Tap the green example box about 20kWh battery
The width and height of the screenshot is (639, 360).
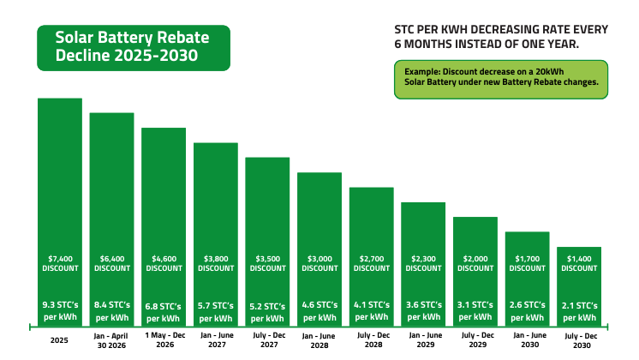click(x=500, y=79)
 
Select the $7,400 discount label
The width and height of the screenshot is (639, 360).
click(x=60, y=263)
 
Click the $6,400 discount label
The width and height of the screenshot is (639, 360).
click(x=111, y=263)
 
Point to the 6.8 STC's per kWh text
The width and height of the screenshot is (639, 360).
click(x=164, y=310)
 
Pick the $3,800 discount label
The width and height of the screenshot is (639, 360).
click(x=215, y=263)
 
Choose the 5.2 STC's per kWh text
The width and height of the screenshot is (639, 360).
click(x=267, y=310)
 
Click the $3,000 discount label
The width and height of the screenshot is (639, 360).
click(x=319, y=263)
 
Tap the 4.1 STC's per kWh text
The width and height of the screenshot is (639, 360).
click(x=371, y=310)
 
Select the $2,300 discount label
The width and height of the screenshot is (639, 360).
click(x=423, y=263)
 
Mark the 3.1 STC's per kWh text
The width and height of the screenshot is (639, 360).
click(x=475, y=310)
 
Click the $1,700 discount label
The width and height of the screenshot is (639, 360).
click(x=527, y=263)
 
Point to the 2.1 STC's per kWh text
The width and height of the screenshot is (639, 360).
click(x=579, y=310)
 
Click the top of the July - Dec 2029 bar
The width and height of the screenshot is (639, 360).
click(x=475, y=219)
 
